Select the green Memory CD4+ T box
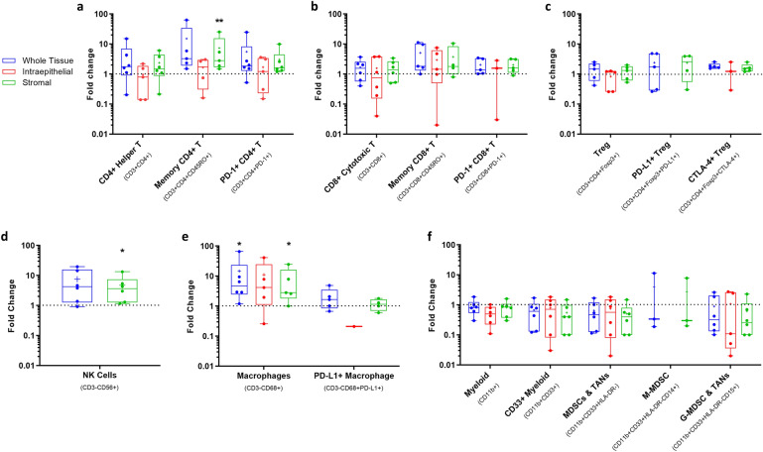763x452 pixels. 219,51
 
